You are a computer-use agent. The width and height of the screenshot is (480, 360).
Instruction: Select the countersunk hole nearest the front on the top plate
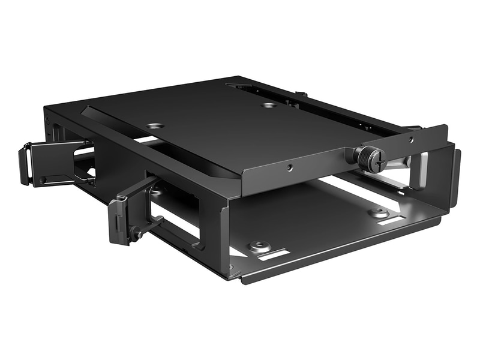155,126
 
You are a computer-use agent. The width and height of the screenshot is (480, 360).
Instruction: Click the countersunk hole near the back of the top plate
269,105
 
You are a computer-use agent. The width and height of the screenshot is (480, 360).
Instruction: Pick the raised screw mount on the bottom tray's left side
259,246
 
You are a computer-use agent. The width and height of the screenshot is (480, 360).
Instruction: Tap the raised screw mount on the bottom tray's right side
378,212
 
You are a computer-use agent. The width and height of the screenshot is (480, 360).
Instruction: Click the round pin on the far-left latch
42,180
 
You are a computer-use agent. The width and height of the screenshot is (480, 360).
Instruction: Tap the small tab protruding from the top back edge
302,94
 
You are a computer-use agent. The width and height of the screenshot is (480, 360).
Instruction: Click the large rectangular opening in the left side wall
174,210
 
